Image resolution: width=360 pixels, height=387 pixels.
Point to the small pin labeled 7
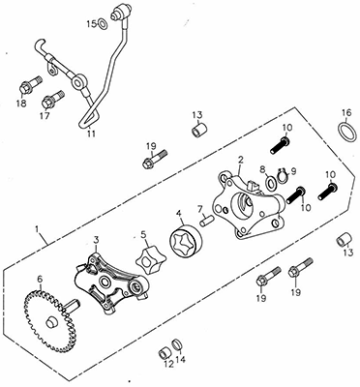coord(206,222)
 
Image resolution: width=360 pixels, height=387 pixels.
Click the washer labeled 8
coord(271,183)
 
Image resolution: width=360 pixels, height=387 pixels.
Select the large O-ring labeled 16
coord(347,132)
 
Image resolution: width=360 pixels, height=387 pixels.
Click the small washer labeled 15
coord(103,24)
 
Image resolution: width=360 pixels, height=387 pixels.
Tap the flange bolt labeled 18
coord(30,84)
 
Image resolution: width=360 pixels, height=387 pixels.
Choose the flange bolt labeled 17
coord(53,99)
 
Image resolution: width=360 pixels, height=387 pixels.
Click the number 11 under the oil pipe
coord(92,134)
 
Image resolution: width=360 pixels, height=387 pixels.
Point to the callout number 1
coord(37,229)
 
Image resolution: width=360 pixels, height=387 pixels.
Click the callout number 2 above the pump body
coord(241,160)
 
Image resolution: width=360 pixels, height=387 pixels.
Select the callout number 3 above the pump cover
coord(96,239)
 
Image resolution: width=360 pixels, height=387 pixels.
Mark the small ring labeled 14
coord(177,344)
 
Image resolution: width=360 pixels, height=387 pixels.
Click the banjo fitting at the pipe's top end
coord(118,13)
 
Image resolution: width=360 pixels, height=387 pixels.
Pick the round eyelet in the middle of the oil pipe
coord(77,82)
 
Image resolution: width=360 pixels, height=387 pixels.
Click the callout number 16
coord(346,113)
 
